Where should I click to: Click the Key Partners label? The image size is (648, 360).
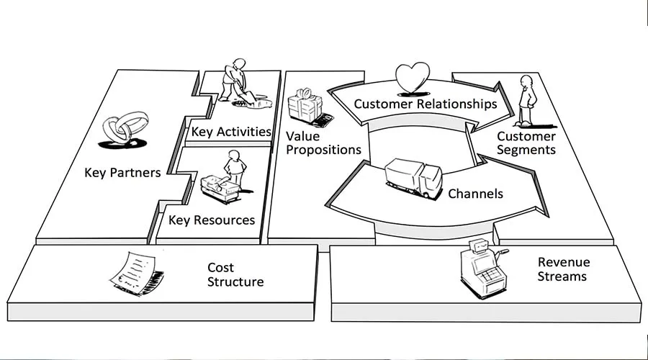pyautogui.click(x=122, y=173)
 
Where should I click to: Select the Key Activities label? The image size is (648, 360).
pyautogui.click(x=231, y=132)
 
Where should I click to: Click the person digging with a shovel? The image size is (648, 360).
pyautogui.click(x=234, y=80)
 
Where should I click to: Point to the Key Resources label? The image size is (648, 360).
pyautogui.click(x=212, y=220)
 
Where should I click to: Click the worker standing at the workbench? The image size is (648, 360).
pyautogui.click(x=234, y=169)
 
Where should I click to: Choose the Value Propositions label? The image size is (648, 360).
pyautogui.click(x=323, y=143)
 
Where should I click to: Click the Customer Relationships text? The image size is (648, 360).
pyautogui.click(x=425, y=104)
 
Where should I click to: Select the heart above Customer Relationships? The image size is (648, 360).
pyautogui.click(x=413, y=76)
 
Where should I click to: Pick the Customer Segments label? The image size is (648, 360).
pyautogui.click(x=526, y=143)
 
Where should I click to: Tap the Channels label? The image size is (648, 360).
pyautogui.click(x=475, y=194)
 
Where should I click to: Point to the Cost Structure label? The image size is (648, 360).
pyautogui.click(x=235, y=274)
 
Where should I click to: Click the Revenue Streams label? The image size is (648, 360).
pyautogui.click(x=563, y=269)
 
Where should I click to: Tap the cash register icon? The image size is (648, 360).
pyautogui.click(x=481, y=269)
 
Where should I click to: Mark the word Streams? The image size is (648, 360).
pyautogui.click(x=563, y=276)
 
